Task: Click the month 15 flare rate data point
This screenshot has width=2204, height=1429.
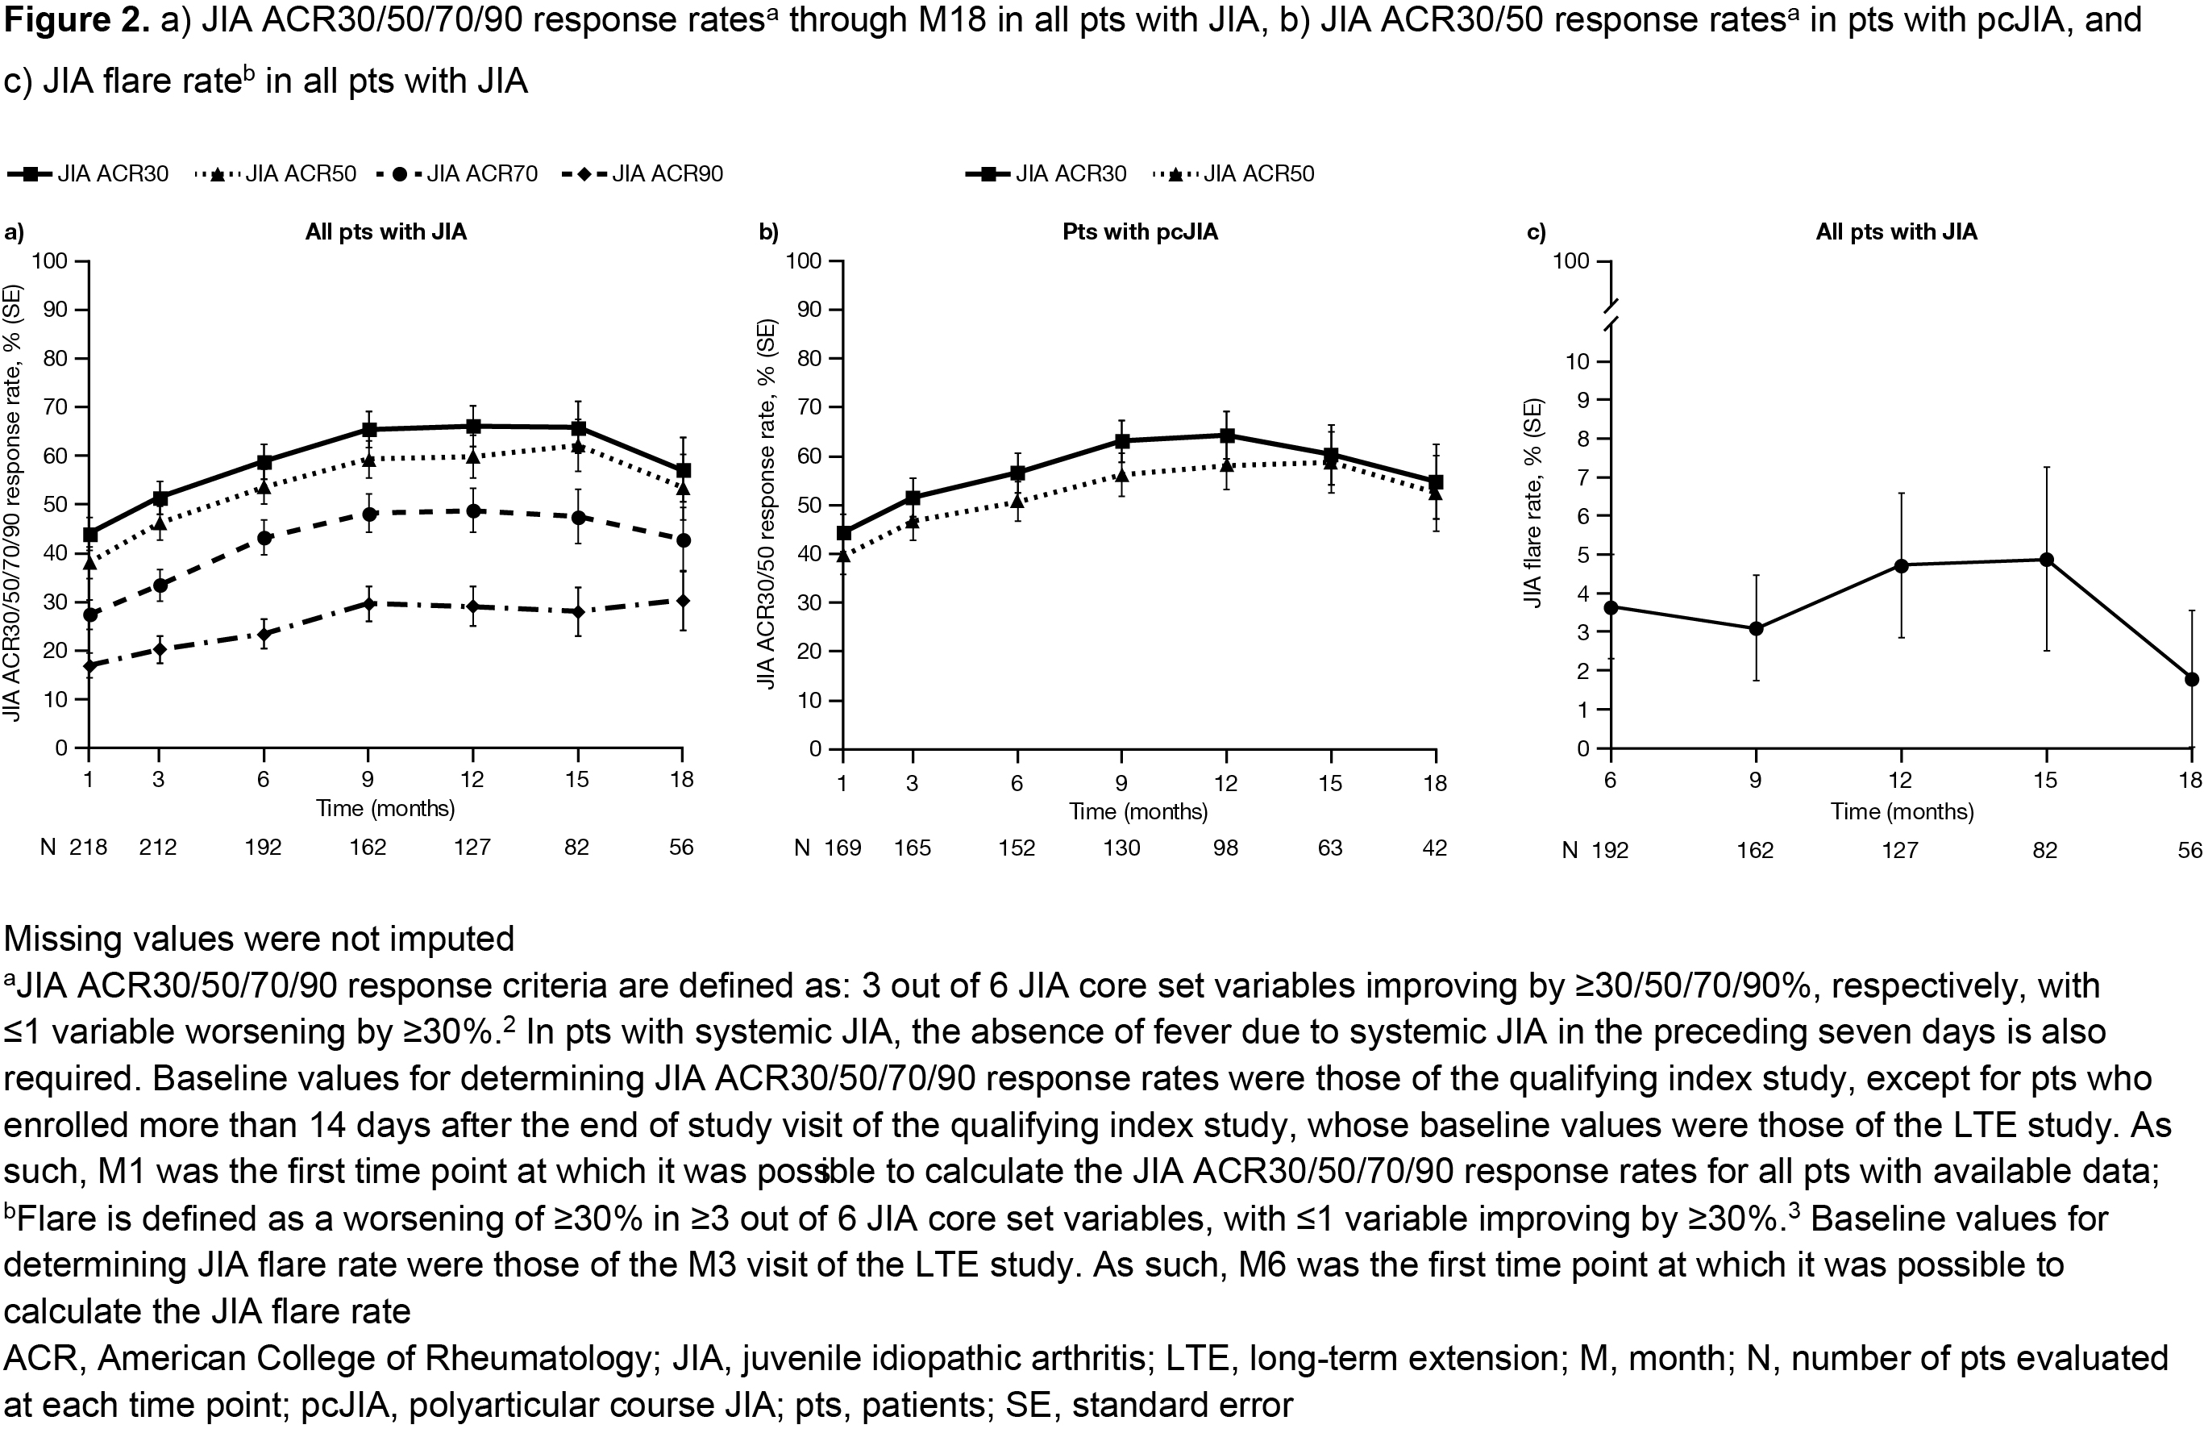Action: click(x=2046, y=560)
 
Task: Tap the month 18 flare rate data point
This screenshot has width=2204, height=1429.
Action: click(x=2192, y=679)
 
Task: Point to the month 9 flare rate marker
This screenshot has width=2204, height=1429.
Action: click(x=1755, y=629)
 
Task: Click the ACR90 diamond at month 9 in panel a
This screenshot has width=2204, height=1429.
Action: click(x=368, y=604)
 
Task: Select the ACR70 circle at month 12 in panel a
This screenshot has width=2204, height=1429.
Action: click(x=473, y=510)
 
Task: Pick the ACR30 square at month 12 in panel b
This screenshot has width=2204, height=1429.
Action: click(x=1227, y=435)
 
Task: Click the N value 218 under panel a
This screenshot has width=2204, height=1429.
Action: click(x=88, y=847)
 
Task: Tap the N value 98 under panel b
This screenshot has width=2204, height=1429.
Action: click(x=1225, y=848)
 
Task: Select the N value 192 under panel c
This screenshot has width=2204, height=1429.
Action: click(x=1610, y=849)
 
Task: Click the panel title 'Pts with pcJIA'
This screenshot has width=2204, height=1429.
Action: click(x=1140, y=231)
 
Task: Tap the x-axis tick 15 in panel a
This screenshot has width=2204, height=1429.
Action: click(x=577, y=779)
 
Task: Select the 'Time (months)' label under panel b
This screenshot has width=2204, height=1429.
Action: click(x=1138, y=811)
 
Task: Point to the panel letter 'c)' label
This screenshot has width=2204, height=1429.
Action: click(x=1537, y=231)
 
